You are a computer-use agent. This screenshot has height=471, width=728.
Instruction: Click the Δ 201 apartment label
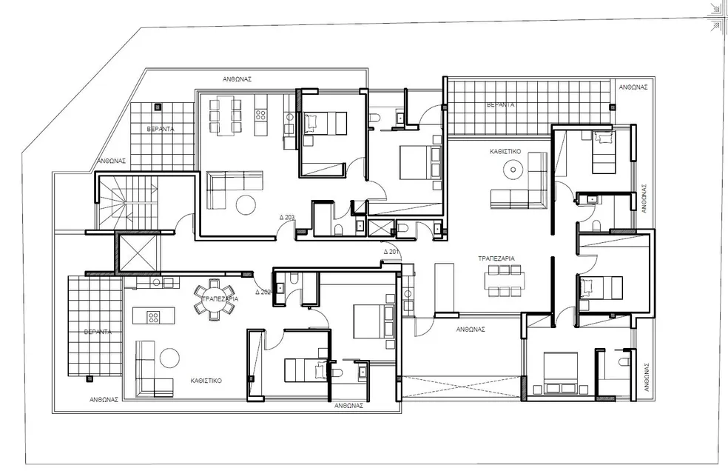(x=391, y=252)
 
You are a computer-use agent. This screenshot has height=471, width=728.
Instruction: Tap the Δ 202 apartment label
(x=263, y=293)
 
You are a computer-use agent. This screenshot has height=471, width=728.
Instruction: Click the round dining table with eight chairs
(x=215, y=299)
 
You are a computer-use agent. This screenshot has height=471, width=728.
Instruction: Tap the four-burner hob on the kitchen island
(x=153, y=317)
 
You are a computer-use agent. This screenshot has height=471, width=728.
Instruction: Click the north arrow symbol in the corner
(x=717, y=19)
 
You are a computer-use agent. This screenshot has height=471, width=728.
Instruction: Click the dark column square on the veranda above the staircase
(x=157, y=107)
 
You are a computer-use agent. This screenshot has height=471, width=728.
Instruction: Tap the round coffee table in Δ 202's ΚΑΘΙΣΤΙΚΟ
(x=169, y=358)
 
